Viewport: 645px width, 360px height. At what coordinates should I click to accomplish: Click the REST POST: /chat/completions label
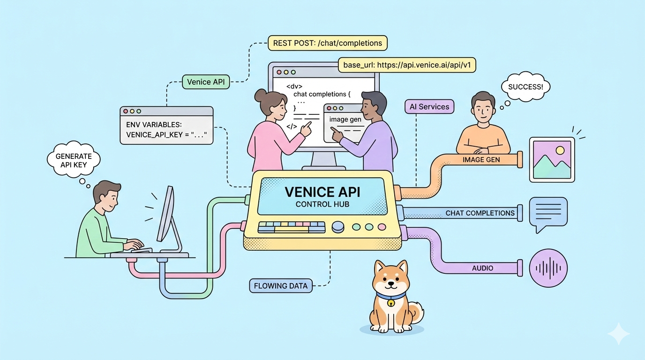(x=327, y=44)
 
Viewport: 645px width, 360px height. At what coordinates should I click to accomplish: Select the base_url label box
(x=407, y=65)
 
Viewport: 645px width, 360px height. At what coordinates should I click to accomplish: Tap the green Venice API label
(x=205, y=82)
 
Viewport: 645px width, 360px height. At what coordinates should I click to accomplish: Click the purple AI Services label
(x=429, y=106)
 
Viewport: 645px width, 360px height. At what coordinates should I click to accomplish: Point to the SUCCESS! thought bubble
(x=525, y=87)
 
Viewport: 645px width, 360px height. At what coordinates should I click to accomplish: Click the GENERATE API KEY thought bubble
(x=74, y=160)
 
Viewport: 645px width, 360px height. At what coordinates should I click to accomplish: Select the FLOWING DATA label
(x=281, y=285)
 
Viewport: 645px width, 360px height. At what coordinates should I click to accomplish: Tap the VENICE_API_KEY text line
(x=166, y=135)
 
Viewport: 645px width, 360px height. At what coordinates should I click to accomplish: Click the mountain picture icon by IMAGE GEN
(x=552, y=159)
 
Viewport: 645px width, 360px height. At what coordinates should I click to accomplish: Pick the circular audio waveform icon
(x=548, y=268)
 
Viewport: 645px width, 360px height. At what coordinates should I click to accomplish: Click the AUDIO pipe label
(x=482, y=268)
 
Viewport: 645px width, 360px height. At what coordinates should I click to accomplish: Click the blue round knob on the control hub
(x=337, y=227)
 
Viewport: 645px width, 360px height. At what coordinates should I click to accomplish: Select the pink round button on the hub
(x=382, y=227)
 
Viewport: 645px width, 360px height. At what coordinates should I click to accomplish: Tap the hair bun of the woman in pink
(x=261, y=96)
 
